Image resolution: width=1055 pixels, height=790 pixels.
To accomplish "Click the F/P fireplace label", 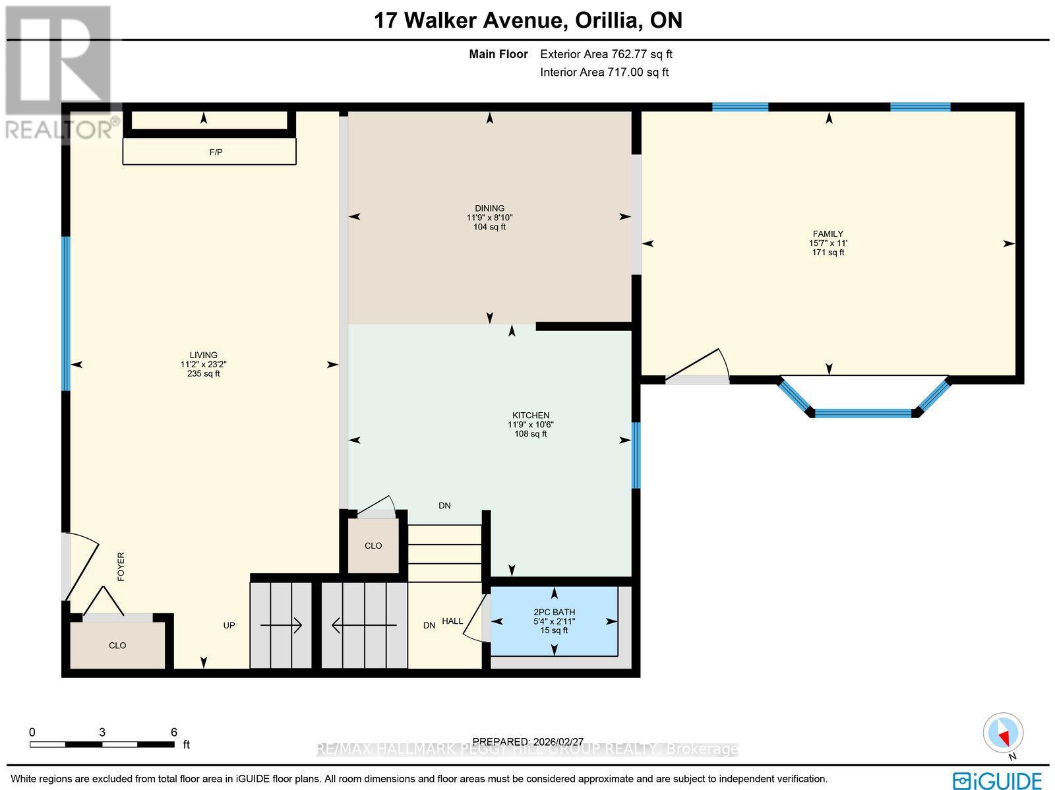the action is (216, 152).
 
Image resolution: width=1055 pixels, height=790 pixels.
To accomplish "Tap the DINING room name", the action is (489, 208).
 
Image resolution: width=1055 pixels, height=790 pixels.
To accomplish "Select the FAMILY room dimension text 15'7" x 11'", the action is (828, 243).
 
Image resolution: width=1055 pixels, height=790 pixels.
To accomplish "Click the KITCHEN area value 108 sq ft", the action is (530, 434).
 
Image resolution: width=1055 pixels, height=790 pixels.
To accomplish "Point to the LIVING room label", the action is (203, 355).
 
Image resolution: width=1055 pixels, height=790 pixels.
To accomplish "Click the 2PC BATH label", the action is (554, 612).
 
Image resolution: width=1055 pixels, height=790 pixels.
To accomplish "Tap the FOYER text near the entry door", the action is (121, 566).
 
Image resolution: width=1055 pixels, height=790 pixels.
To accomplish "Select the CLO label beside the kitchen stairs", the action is (373, 546).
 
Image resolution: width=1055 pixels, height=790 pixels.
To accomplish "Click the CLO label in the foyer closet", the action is (117, 646).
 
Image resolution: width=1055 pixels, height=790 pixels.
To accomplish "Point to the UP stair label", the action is (229, 625).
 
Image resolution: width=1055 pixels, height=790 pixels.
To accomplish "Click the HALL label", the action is (452, 621).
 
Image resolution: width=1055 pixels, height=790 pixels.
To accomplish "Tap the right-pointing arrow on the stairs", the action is (281, 625).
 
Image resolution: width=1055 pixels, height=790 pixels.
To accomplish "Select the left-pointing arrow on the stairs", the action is (365, 625).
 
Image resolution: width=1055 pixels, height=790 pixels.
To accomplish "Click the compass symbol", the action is (1003, 733).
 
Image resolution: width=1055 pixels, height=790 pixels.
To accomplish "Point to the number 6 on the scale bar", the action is (174, 732).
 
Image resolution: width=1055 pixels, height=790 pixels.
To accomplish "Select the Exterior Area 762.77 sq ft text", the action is (606, 54).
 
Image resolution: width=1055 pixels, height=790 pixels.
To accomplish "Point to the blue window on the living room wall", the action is (66, 313).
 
